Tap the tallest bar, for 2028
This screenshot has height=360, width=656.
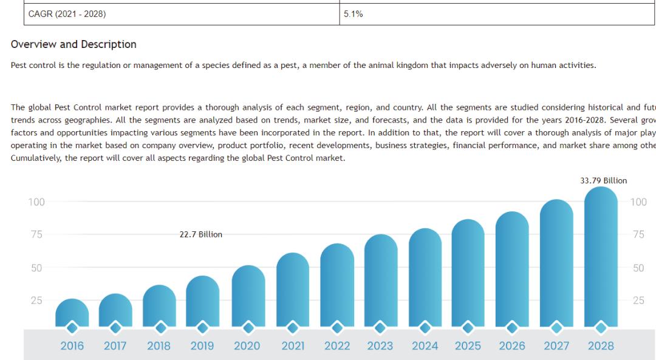pyautogui.click(x=601, y=255)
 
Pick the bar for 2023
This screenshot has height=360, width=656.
pyautogui.click(x=381, y=279)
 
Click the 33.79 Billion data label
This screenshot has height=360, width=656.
pyautogui.click(x=603, y=180)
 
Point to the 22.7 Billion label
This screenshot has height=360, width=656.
pyautogui.click(x=200, y=234)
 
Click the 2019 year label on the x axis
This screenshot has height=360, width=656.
pyautogui.click(x=202, y=346)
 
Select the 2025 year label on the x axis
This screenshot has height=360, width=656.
pyautogui.click(x=468, y=346)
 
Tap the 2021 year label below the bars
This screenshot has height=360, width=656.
pyautogui.click(x=293, y=346)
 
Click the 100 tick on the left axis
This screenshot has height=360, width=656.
pyautogui.click(x=36, y=202)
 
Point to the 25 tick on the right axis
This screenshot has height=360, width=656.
pyautogui.click(x=638, y=301)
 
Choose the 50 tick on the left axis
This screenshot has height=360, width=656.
pyautogui.click(x=36, y=268)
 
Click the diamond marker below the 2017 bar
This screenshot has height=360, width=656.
pyautogui.click(x=115, y=328)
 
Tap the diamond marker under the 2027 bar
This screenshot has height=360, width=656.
pyautogui.click(x=556, y=328)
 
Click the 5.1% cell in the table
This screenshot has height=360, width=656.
pyautogui.click(x=353, y=14)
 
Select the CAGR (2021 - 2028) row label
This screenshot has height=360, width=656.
pyautogui.click(x=67, y=14)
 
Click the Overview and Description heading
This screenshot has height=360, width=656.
pyautogui.click(x=73, y=44)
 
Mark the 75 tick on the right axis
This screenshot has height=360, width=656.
pyautogui.click(x=638, y=235)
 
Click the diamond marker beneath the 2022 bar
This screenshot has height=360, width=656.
pyautogui.click(x=337, y=328)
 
